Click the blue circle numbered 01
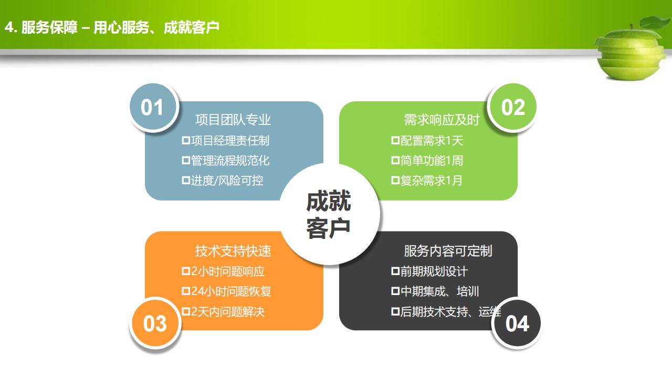[154, 107]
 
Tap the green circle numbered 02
[512, 107]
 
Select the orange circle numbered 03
[155, 323]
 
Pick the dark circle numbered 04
[517, 323]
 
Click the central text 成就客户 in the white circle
[329, 214]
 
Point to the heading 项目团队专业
[233, 120]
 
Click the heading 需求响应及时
[442, 120]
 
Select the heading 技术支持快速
[233, 251]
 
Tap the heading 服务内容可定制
[448, 251]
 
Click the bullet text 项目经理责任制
[230, 140]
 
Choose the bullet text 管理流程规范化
[230, 161]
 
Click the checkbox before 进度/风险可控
[186, 181]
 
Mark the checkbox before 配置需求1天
[395, 140]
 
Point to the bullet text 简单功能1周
[432, 161]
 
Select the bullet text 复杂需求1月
[432, 181]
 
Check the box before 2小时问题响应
[186, 271]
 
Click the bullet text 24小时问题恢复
[231, 291]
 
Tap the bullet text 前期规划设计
[434, 271]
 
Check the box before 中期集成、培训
[395, 291]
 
